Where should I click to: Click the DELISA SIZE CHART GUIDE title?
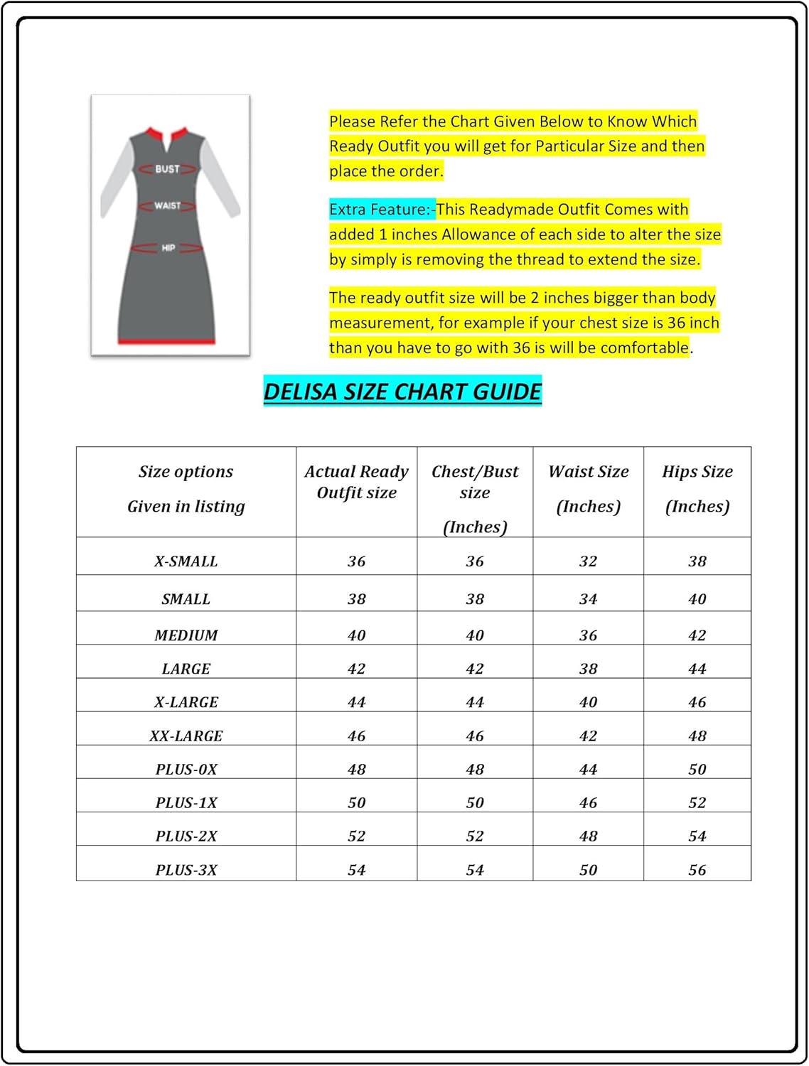(402, 392)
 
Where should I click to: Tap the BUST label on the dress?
(168, 169)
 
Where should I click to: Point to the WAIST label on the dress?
(168, 205)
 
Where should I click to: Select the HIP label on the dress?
(168, 248)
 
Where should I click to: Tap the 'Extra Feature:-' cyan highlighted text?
(382, 210)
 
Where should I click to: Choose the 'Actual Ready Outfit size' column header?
(356, 482)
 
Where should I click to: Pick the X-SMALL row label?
(186, 561)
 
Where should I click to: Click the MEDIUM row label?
(186, 635)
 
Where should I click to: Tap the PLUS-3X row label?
(186, 870)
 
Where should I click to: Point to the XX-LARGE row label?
(186, 736)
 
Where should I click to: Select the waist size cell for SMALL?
(588, 599)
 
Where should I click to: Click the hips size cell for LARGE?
(697, 669)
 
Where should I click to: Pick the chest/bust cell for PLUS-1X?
(474, 803)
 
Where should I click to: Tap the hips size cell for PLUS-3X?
(697, 870)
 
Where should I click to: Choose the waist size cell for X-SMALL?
(588, 561)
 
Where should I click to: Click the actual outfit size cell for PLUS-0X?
(356, 770)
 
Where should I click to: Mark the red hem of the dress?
(166, 342)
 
